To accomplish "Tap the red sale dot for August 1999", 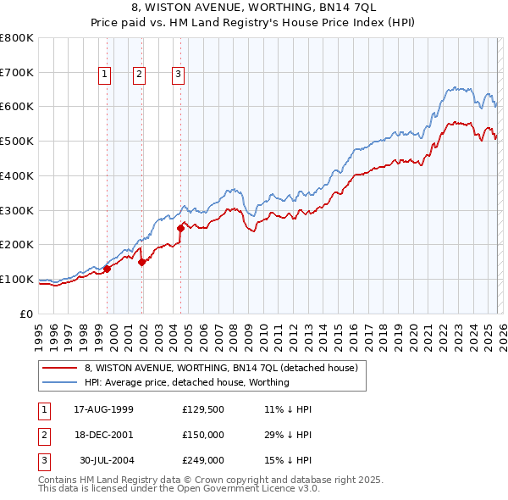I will [108, 269].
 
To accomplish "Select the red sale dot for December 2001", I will [142, 262].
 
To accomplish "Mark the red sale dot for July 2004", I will [180, 227].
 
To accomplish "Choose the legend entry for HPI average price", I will [186, 382].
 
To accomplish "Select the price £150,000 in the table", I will [202, 435].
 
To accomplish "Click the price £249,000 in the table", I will [202, 460].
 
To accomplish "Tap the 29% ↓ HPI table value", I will [288, 435].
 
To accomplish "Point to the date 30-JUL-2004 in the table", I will [106, 460].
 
